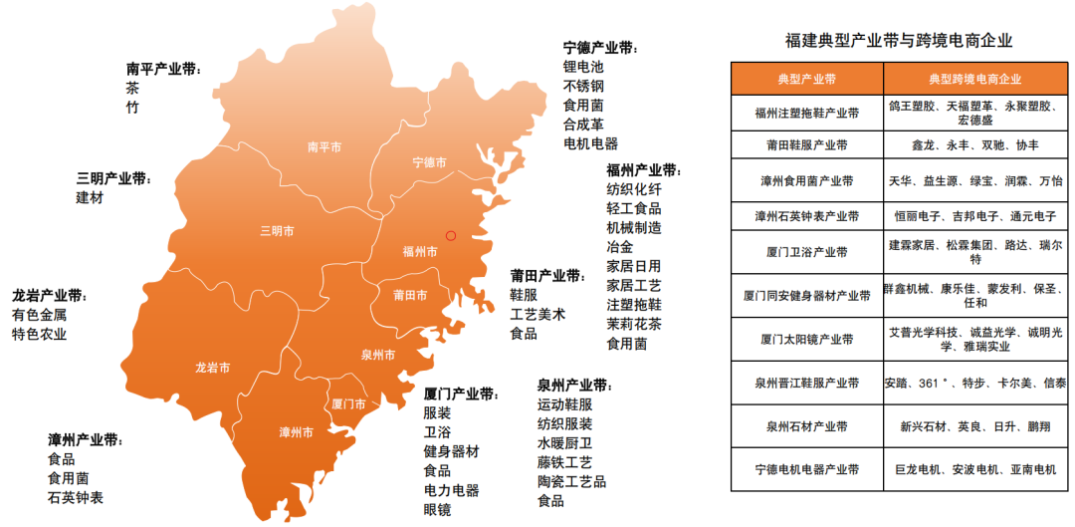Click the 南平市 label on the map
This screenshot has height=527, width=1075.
coord(324,146)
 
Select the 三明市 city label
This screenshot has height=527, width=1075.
coord(277,231)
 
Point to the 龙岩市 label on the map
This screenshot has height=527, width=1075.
coord(213,368)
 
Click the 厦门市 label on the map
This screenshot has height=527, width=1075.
coord(347,404)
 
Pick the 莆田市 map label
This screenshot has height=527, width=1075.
coord(410,295)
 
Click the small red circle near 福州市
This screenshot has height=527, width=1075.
coord(451,236)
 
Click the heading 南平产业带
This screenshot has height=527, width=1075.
coord(162,69)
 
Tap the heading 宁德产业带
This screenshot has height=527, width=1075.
coord(599,48)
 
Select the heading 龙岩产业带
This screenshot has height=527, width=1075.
coord(49,296)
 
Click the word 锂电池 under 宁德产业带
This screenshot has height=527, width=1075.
coord(583,68)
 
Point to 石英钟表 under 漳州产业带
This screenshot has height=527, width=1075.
coord(76,497)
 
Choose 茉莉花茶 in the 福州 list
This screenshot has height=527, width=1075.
coord(634,324)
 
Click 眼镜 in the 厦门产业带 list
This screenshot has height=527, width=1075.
coord(437,510)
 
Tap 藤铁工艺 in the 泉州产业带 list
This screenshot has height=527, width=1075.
coord(564,462)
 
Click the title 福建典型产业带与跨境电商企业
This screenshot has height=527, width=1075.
coord(899,41)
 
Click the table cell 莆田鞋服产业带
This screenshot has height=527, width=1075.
coord(806,144)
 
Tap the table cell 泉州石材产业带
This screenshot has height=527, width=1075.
coord(806,426)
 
